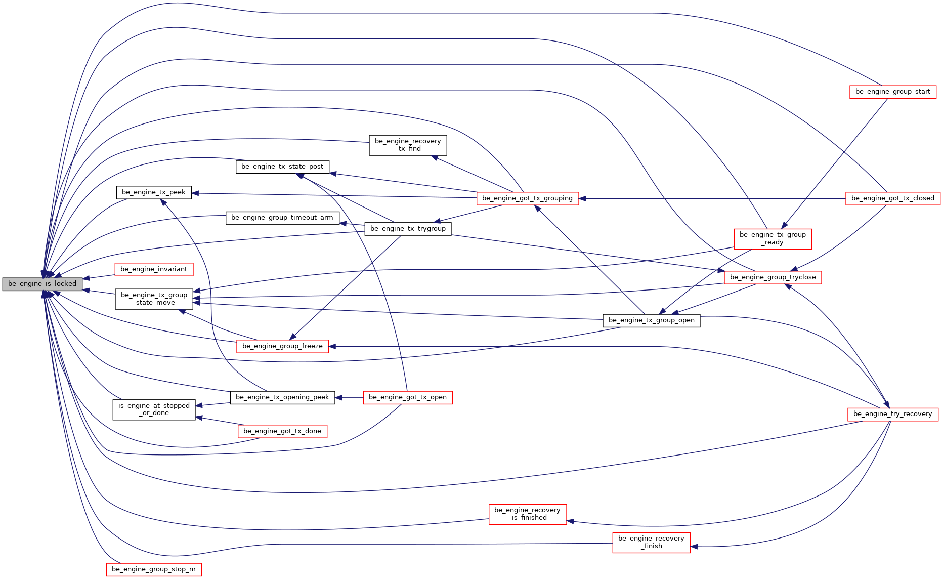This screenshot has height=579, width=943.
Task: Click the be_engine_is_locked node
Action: tap(42, 284)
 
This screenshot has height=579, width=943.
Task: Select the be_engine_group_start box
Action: tap(892, 92)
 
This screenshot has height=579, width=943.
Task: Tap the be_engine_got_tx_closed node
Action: tap(892, 198)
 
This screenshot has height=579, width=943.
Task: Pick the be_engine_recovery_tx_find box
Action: tap(408, 145)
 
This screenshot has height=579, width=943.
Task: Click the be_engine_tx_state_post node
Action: tap(282, 167)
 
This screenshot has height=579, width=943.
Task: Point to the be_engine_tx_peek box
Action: tap(154, 192)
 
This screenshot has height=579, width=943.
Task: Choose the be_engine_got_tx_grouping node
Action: tap(527, 198)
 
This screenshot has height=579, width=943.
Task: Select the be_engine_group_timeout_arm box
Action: tap(282, 218)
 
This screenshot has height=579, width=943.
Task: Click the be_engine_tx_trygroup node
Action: tap(408, 229)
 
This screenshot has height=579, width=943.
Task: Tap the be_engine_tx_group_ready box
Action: tap(773, 239)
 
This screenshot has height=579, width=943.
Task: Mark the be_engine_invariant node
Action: tap(154, 269)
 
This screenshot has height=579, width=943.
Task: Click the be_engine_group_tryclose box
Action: tap(773, 277)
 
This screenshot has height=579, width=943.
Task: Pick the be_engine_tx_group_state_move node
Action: tap(154, 299)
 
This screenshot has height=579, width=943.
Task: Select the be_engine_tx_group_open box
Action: tap(651, 320)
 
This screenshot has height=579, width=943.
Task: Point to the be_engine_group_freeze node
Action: tap(282, 346)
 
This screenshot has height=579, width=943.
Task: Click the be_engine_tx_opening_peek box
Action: tap(282, 397)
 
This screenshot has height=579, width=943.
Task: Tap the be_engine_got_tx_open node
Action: tap(408, 397)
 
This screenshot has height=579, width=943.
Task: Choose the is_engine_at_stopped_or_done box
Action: tap(154, 409)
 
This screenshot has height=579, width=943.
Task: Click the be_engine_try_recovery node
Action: tap(892, 414)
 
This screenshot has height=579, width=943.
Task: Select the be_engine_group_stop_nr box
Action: tap(154, 569)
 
